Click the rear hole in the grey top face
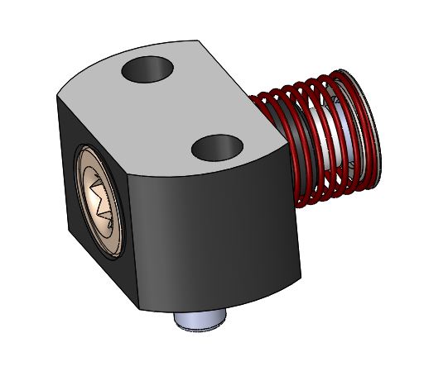pos(149,69)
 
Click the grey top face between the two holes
pos(178,107)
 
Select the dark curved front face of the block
pos(215,231)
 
